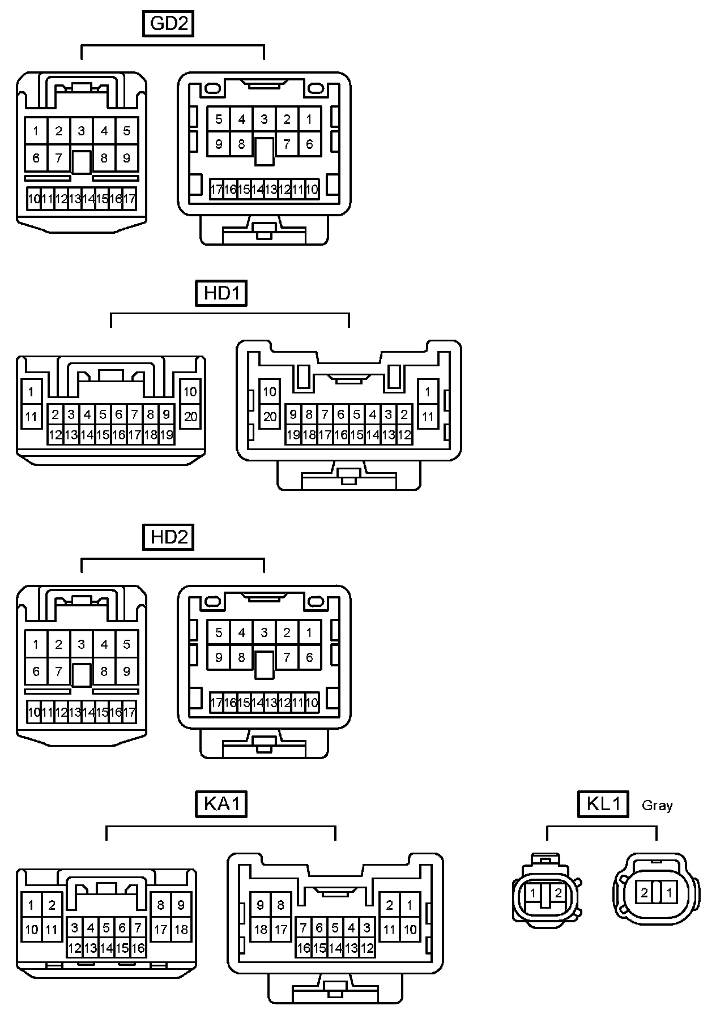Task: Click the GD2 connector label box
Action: (x=168, y=24)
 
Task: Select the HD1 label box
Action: (x=221, y=293)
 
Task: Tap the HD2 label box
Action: (x=168, y=537)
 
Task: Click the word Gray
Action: (x=657, y=805)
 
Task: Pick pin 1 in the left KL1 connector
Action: (x=533, y=893)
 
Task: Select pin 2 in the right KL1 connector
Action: (x=645, y=893)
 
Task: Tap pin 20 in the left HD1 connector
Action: (x=190, y=417)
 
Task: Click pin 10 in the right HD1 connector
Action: (x=270, y=392)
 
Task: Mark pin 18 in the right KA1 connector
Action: (x=261, y=930)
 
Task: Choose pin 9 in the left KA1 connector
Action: (x=181, y=905)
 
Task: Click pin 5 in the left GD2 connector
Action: (x=127, y=131)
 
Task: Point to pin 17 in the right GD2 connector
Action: (x=216, y=190)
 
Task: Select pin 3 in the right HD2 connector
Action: (x=264, y=632)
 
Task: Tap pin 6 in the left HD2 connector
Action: (x=36, y=671)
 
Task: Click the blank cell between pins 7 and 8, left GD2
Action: (x=82, y=162)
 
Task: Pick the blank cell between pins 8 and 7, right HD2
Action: (x=264, y=664)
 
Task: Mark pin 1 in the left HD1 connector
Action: (x=31, y=392)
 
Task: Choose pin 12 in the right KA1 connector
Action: (x=367, y=948)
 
